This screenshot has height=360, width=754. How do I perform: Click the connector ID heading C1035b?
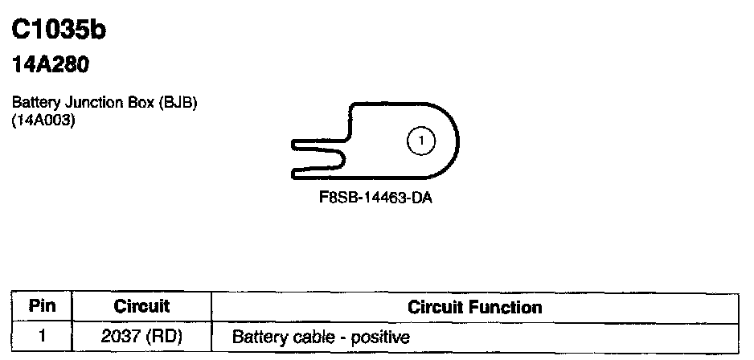[59, 30]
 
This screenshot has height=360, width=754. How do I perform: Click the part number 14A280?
[51, 64]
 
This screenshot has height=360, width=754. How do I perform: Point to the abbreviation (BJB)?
[178, 103]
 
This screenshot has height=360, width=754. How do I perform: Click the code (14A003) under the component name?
[43, 121]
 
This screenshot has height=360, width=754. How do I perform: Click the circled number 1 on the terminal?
[421, 141]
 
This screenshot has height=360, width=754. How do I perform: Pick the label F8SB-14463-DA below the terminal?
[375, 198]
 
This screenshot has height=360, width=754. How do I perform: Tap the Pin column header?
[42, 306]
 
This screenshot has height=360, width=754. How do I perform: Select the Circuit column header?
[141, 306]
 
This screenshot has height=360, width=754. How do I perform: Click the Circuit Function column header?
[474, 307]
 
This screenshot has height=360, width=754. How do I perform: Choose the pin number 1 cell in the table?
[43, 336]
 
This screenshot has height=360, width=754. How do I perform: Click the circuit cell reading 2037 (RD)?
[141, 337]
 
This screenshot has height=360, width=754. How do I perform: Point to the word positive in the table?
[380, 337]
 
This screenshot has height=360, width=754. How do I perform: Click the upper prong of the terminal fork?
[318, 144]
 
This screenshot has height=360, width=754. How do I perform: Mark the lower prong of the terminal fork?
[318, 172]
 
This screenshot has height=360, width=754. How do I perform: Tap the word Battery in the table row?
[260, 337]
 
